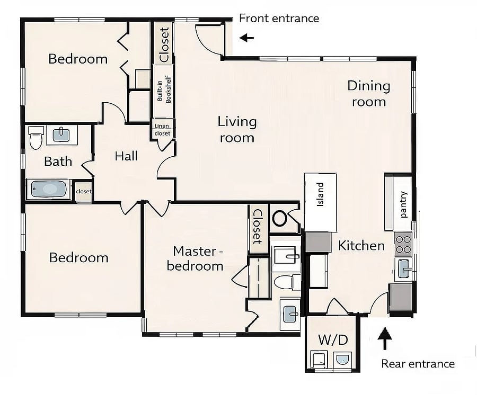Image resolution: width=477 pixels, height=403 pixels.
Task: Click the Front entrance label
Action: [x=279, y=19]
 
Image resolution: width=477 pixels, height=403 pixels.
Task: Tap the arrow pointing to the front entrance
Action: [x=246, y=38]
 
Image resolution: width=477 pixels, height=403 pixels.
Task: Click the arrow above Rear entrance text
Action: [x=385, y=338]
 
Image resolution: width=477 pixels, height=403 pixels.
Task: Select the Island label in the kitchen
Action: [x=320, y=194]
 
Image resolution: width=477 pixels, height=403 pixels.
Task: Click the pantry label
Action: [x=403, y=204]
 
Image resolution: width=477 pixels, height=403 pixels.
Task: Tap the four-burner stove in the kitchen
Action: [x=403, y=245]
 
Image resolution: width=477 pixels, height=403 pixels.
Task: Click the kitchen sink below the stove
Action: [x=404, y=268]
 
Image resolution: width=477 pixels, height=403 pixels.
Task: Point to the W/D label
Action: [x=333, y=340]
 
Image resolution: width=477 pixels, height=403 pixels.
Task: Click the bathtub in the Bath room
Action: [x=49, y=189]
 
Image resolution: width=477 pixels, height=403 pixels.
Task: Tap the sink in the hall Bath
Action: [x=61, y=135]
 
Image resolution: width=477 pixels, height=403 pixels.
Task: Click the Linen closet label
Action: [x=162, y=129]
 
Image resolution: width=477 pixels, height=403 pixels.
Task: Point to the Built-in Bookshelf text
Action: [x=164, y=89]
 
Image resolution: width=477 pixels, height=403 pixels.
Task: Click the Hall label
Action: [x=126, y=156]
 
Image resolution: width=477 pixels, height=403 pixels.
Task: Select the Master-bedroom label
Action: [x=195, y=258]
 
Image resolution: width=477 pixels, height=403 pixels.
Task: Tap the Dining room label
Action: [x=369, y=94]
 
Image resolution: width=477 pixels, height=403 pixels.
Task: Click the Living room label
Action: [x=237, y=129]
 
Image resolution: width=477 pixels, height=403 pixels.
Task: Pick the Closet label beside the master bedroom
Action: [x=258, y=227]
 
